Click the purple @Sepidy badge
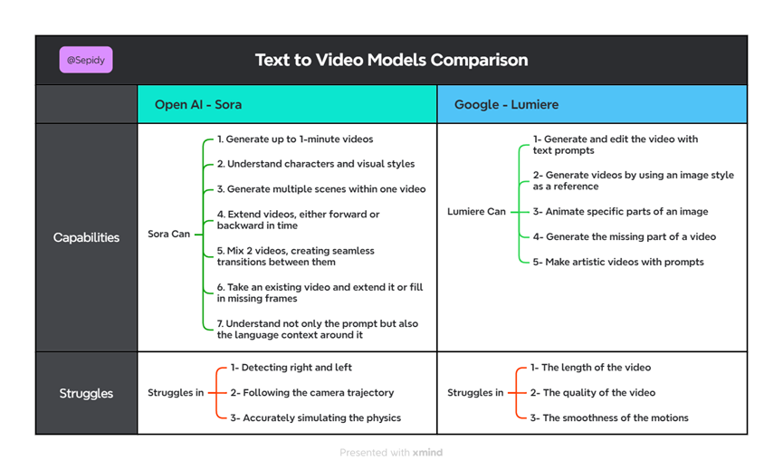pyautogui.click(x=86, y=60)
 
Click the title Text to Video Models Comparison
pyautogui.click(x=391, y=60)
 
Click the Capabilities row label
pyautogui.click(x=86, y=237)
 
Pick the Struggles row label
pyautogui.click(x=86, y=393)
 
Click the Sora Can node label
pyautogui.click(x=168, y=234)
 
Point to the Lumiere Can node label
pyautogui.click(x=476, y=211)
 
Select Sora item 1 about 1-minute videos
pyautogui.click(x=295, y=139)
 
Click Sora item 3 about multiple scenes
pyautogui.click(x=321, y=188)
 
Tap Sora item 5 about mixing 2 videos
pyautogui.click(x=296, y=256)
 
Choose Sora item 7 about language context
pyautogui.click(x=318, y=329)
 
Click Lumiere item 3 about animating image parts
pyautogui.click(x=620, y=211)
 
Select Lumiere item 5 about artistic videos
pyautogui.click(x=618, y=262)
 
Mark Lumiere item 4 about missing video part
pyautogui.click(x=625, y=236)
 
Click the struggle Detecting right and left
pyautogui.click(x=291, y=367)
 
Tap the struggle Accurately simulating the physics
pyautogui.click(x=316, y=417)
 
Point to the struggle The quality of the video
pyautogui.click(x=593, y=393)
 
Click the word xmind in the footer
pyautogui.click(x=427, y=453)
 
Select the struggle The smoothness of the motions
pyautogui.click(x=609, y=417)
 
